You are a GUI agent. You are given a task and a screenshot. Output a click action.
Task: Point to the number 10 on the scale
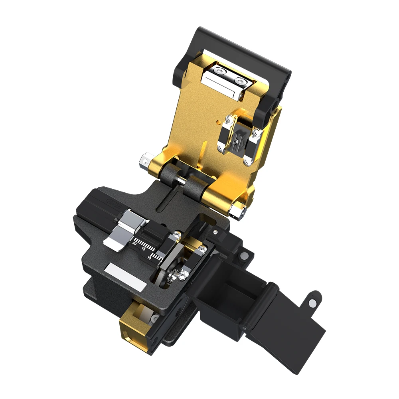click(149, 258)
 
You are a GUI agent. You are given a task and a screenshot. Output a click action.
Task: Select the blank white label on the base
click(123, 277)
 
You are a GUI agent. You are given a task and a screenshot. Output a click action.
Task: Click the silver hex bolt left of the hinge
click(144, 161)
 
